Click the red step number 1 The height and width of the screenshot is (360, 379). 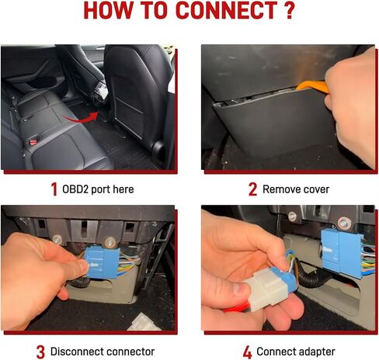(54, 189)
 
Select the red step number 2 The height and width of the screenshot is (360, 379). (252, 189)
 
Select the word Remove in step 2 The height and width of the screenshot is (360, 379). (281, 189)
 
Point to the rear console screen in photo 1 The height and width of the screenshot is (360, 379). (99, 95)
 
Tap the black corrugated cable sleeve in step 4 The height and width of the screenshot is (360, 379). (315, 287)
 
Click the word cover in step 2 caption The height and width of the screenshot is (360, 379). (320, 189)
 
